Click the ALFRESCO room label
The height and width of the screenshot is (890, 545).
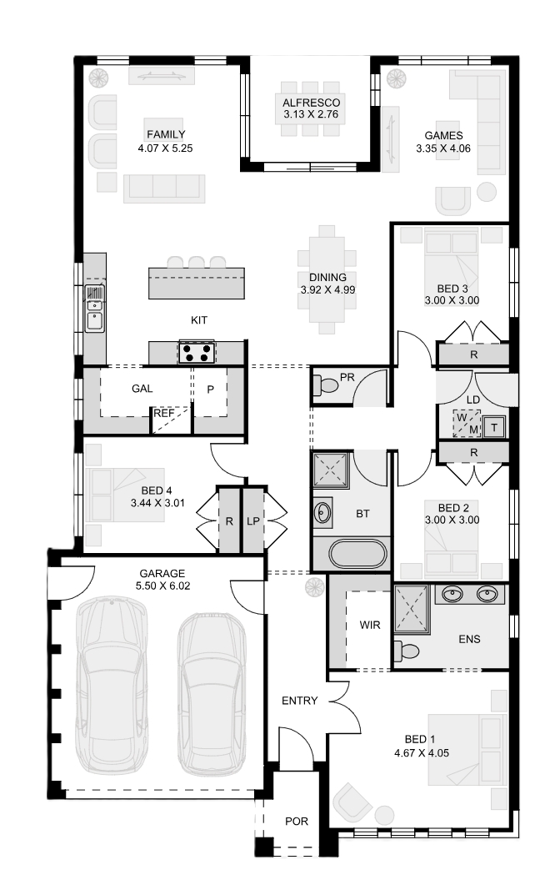coord(312,103)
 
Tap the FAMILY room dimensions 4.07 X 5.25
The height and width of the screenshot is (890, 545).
coord(165,148)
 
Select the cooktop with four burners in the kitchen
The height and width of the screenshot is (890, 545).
coord(196,352)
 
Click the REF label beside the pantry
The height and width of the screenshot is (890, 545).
coord(163,414)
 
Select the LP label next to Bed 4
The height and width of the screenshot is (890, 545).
coord(253,520)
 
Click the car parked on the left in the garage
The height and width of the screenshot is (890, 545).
coord(112,685)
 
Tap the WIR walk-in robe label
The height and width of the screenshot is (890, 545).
coord(370,625)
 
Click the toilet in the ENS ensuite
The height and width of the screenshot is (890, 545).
coord(406,650)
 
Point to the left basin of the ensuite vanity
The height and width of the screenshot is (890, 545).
coord(452,594)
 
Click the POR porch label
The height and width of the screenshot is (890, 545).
coord(297,822)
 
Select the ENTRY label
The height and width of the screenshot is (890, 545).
coord(299,701)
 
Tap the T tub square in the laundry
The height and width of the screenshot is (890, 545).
coord(494,427)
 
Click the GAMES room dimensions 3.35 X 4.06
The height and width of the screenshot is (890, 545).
coord(443,148)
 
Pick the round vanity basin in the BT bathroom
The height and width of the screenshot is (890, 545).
coord(322,512)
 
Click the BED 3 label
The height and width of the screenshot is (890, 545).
coord(452,289)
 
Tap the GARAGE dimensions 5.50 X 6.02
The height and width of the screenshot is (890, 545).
coord(162,586)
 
